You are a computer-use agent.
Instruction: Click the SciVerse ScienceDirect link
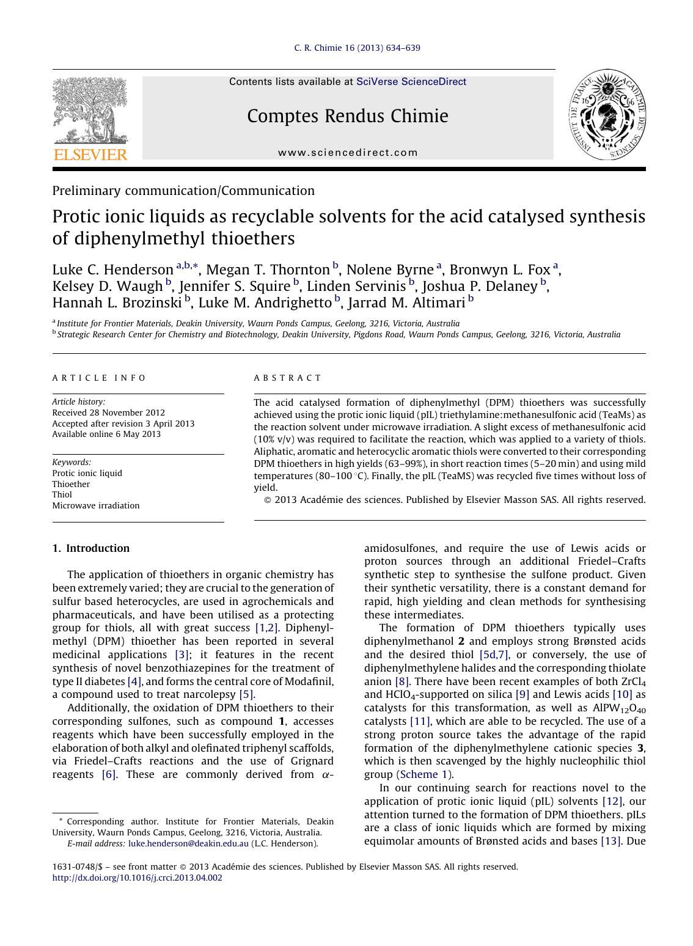pyautogui.click(x=411, y=82)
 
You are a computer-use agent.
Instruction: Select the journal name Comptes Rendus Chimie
pyautogui.click(x=347, y=116)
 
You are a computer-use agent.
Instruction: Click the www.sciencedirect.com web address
pyautogui.click(x=348, y=153)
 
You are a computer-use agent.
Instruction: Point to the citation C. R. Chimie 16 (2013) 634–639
pyautogui.click(x=357, y=48)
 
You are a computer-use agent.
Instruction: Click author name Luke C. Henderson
pyautogui.click(x=112, y=270)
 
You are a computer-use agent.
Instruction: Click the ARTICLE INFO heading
pyautogui.click(x=99, y=378)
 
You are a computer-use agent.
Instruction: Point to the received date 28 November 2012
pyautogui.click(x=108, y=413)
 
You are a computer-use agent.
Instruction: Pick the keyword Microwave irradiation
pyautogui.click(x=96, y=505)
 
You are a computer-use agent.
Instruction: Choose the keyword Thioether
pyautogui.click(x=71, y=484)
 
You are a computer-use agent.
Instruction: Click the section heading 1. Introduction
pyautogui.click(x=91, y=548)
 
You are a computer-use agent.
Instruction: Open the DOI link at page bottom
pyautogui.click(x=137, y=878)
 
